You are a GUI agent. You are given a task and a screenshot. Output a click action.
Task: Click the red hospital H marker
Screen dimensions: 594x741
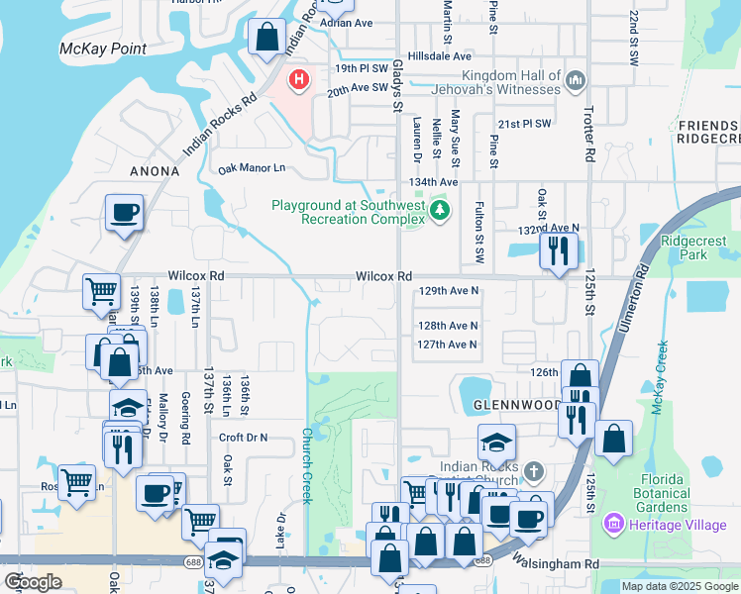click(296, 78)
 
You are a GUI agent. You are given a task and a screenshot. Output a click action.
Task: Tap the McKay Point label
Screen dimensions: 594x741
click(103, 49)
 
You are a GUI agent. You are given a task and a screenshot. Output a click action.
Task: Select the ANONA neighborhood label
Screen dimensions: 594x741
click(155, 171)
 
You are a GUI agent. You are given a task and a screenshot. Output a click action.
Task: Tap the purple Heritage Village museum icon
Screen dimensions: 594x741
click(612, 524)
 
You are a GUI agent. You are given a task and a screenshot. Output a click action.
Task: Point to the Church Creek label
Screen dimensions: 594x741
click(307, 465)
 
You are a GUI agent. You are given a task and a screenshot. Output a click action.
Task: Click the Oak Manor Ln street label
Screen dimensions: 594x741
click(252, 169)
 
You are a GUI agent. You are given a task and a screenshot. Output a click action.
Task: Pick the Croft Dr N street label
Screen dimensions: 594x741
click(243, 437)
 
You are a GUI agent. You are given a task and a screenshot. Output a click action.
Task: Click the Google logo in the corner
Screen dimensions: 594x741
click(33, 581)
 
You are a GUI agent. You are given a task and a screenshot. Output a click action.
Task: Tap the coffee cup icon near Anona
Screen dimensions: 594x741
click(125, 212)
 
